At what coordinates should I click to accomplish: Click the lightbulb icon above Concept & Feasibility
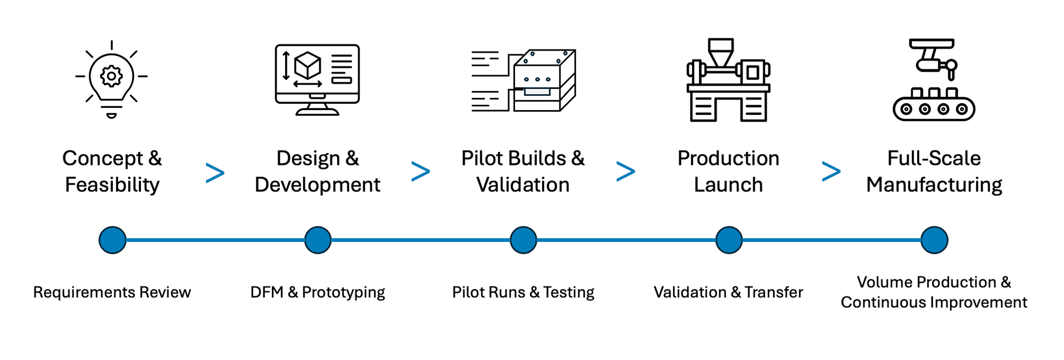coord(111,79)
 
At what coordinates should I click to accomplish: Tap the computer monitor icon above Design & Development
coord(317,80)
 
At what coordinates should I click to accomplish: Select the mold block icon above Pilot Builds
coord(537,80)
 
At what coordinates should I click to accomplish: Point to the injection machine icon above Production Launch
coord(728,80)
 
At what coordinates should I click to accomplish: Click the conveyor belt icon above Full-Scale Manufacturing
coord(934,80)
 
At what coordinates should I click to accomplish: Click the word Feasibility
coord(112,185)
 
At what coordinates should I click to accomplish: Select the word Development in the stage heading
coord(317,185)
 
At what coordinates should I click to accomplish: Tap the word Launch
coord(728,185)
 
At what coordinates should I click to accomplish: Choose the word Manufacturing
coord(934,185)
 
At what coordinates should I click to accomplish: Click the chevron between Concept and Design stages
coord(215,173)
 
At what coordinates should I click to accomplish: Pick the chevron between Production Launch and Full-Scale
coord(831,172)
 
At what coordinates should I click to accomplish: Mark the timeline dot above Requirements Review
coord(112,240)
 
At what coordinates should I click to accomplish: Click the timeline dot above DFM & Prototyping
coord(318,240)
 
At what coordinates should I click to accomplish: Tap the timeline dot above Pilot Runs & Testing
coord(523,240)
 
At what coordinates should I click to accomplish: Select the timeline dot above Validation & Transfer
coord(729,240)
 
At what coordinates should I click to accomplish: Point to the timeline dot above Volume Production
coord(934,240)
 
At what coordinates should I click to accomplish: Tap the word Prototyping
coord(343,292)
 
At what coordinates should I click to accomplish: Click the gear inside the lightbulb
coord(111,76)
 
